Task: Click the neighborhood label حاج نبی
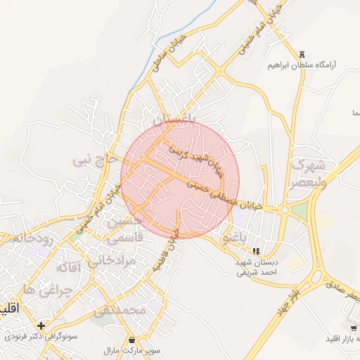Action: (96, 160)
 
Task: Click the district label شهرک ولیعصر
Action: (308, 174)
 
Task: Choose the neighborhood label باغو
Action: (237, 238)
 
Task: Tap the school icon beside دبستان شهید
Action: (257, 251)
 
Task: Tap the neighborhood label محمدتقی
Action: (121, 310)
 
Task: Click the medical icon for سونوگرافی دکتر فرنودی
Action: (41, 326)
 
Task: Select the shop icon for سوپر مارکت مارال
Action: (133, 340)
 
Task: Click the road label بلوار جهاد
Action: (288, 299)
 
